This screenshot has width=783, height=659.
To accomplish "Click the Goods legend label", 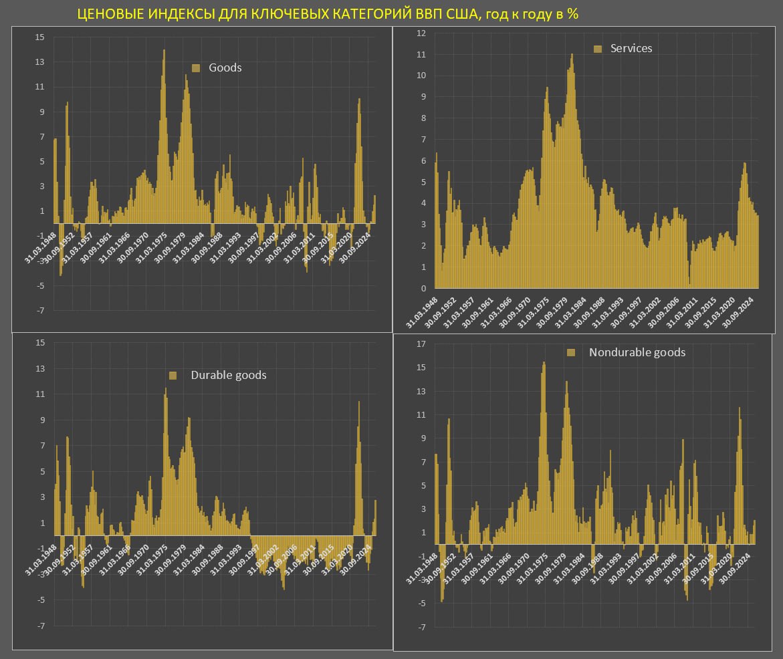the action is [225, 68].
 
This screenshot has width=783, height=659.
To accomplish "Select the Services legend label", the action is [631, 48].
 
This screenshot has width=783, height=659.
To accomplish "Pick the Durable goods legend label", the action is [229, 375].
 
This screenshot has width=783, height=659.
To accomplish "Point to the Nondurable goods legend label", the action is [637, 352].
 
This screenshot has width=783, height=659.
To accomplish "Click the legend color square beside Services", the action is [598, 49].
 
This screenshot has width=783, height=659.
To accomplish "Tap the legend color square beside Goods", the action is [196, 68].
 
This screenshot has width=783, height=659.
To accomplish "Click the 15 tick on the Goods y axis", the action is [40, 37].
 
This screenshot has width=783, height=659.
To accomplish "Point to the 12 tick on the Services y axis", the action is [421, 33].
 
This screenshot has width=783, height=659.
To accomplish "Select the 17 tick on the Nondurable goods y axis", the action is [421, 344].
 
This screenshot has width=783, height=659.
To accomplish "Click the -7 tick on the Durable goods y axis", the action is [41, 626].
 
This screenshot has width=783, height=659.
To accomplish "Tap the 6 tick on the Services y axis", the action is [423, 161].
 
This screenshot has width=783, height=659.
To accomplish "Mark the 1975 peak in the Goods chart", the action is [164, 50].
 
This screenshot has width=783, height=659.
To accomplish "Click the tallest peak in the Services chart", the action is [572, 55].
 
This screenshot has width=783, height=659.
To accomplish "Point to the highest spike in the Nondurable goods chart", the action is [544, 363].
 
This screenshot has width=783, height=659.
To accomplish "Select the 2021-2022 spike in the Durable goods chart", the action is [358, 402].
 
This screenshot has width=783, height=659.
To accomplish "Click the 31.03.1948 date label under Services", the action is [422, 313].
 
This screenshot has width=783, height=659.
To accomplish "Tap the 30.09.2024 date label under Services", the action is [738, 313].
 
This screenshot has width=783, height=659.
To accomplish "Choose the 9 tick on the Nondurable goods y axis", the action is [423, 438].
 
